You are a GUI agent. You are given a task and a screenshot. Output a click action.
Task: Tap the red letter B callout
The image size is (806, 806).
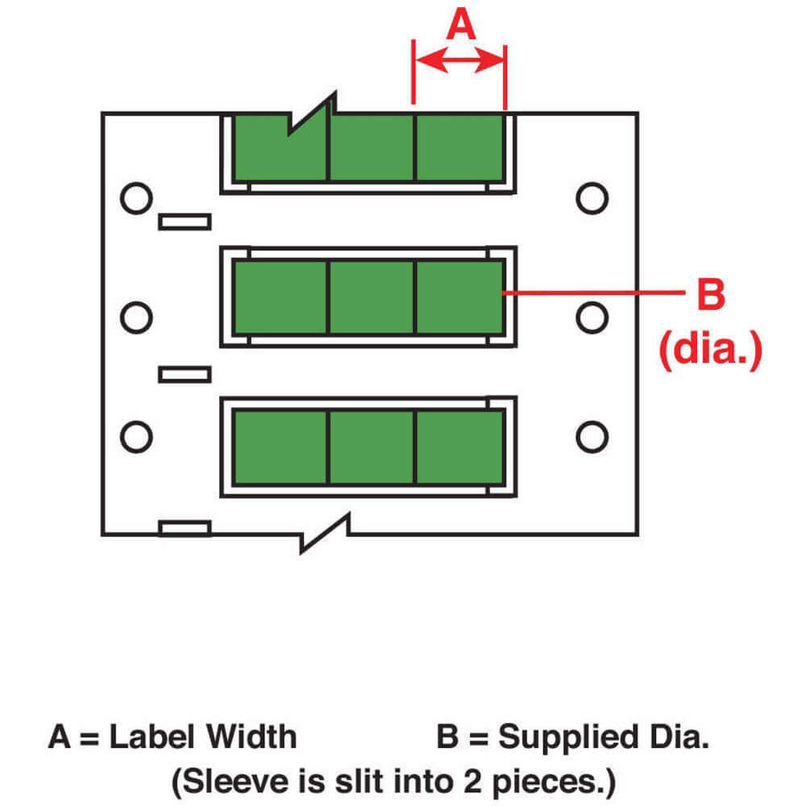pos(710,295)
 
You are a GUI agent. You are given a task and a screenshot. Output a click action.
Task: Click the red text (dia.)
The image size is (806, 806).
pos(710,351)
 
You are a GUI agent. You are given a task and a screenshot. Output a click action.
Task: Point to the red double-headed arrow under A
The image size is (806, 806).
pos(459,60)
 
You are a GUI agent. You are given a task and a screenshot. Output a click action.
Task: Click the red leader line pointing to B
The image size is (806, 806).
pos(592,294)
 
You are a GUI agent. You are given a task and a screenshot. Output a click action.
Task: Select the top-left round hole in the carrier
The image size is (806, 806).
pos(135,198)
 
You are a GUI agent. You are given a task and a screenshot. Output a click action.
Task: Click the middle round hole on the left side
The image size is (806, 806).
pos(135,317)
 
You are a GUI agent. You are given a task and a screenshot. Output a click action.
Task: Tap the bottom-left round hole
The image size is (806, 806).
pos(135,436)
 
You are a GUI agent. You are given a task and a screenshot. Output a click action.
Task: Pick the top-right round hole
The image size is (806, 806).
pos(592,198)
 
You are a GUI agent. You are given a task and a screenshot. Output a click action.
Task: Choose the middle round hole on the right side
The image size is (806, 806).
pos(592,317)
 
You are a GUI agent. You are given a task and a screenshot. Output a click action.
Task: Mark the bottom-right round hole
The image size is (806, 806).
pos(592,436)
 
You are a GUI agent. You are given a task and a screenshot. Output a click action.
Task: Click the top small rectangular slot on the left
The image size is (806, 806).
pos(185,222)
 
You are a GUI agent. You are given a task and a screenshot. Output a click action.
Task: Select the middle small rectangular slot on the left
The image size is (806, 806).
pos(185,374)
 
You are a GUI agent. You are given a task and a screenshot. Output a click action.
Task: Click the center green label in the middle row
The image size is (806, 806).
pos(371,297)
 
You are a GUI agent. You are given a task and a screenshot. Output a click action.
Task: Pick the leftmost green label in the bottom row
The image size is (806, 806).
pos(280,447)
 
